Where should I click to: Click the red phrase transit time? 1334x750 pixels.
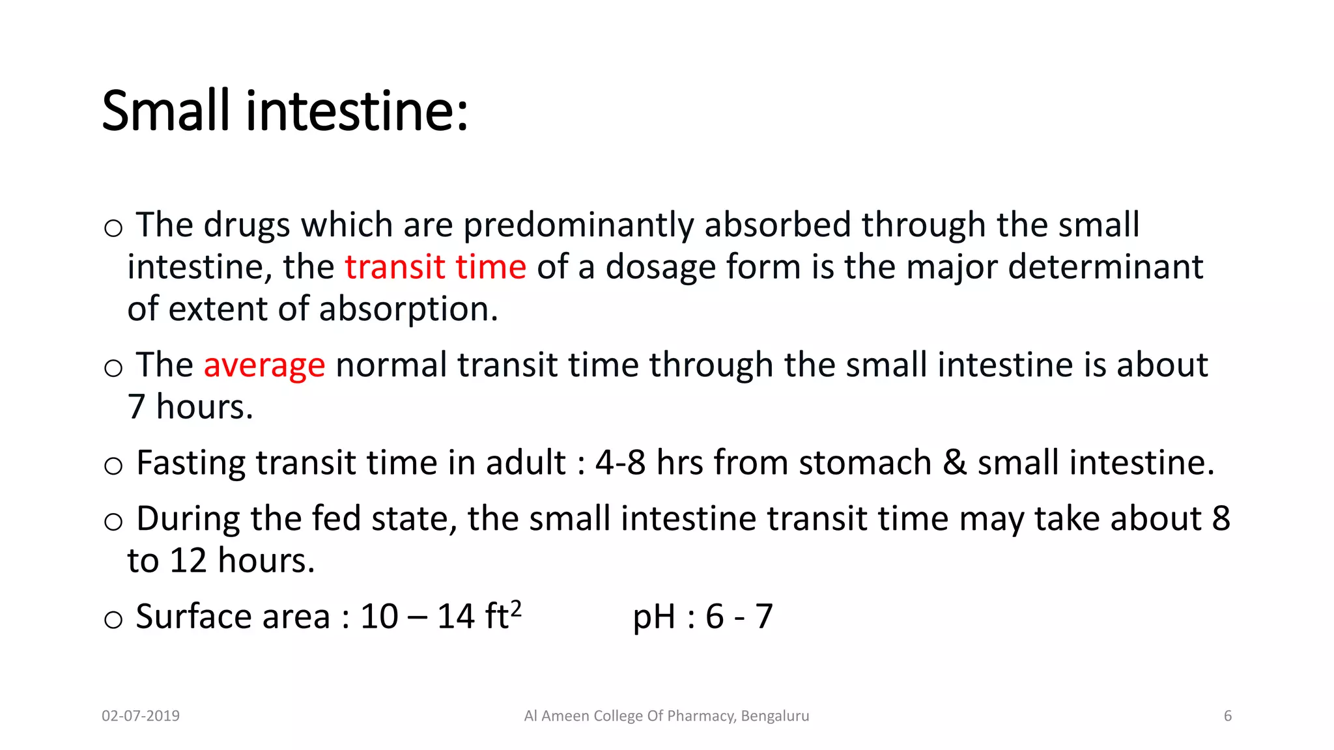(x=435, y=267)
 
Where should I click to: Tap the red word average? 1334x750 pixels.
(x=264, y=365)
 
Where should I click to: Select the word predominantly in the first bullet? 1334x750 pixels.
(x=578, y=225)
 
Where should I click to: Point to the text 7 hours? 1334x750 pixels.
(x=190, y=407)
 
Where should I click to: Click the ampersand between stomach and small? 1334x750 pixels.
(x=954, y=463)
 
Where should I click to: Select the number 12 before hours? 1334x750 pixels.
(x=188, y=561)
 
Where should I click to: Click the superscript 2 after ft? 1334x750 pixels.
(x=515, y=608)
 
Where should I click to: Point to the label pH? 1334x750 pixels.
(x=654, y=617)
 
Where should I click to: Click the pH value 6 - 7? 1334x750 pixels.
(x=739, y=617)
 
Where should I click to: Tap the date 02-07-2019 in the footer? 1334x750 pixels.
(x=141, y=716)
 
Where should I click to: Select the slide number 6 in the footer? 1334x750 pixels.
(x=1227, y=716)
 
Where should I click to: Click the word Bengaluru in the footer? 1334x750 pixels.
(x=774, y=716)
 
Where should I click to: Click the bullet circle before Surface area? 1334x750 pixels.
(x=113, y=619)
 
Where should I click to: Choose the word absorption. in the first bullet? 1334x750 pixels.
(x=408, y=309)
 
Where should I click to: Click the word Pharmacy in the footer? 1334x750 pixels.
(x=702, y=716)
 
